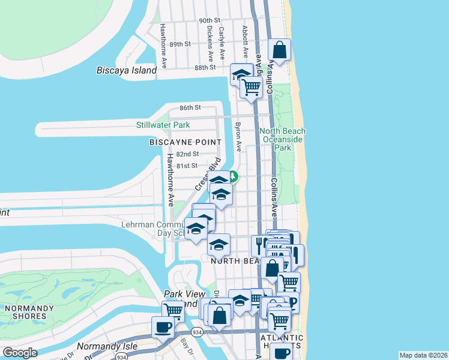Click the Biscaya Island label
tap(127, 70)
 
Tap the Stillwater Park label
tap(163, 125)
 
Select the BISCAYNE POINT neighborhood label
tap(185, 142)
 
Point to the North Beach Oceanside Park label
tap(282, 139)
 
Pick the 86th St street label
tap(190, 108)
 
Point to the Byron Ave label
tap(238, 137)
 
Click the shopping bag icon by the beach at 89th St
tap(280, 50)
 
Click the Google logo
tap(20, 353)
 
